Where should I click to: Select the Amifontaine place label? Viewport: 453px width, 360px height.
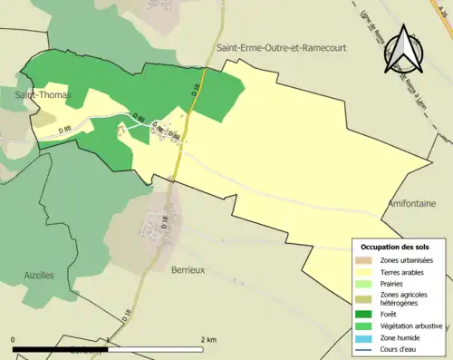pyautogui.click(x=412, y=204)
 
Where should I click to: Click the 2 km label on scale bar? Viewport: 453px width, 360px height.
pyautogui.click(x=208, y=339)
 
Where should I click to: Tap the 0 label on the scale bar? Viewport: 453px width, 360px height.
pyautogui.click(x=14, y=339)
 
